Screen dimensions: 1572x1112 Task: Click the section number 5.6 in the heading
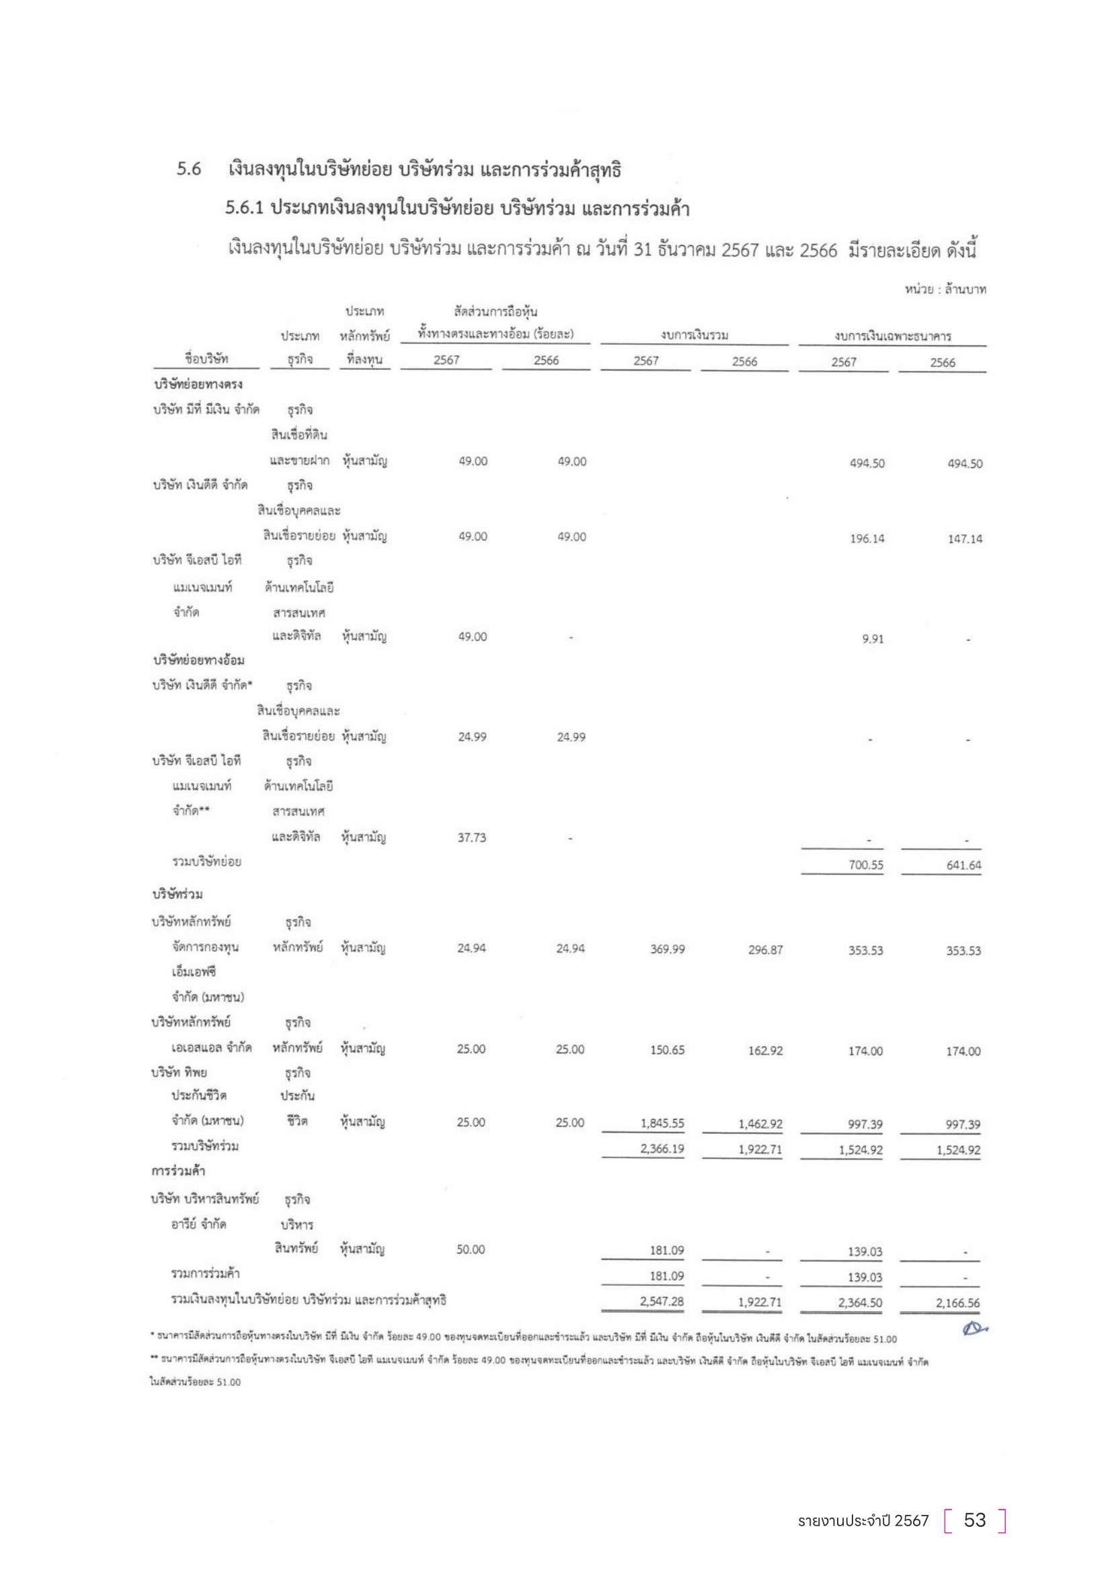pyautogui.click(x=188, y=169)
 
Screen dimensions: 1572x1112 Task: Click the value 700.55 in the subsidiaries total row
pyautogui.click(x=865, y=865)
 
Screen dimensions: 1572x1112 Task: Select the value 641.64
pyautogui.click(x=963, y=865)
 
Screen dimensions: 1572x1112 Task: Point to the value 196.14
pyautogui.click(x=867, y=538)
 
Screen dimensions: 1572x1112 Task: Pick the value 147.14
pyautogui.click(x=965, y=539)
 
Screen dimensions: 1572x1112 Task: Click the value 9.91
pyautogui.click(x=873, y=638)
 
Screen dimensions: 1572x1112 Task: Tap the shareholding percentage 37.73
pyautogui.click(x=472, y=837)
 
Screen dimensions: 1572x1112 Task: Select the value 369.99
pyautogui.click(x=667, y=949)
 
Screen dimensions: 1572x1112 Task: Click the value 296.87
pyautogui.click(x=765, y=950)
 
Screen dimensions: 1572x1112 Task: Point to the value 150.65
pyautogui.click(x=667, y=1050)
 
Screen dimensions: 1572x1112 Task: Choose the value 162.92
pyautogui.click(x=765, y=1050)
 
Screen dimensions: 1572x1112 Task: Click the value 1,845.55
pyautogui.click(x=662, y=1123)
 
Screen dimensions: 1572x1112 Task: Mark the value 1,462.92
pyautogui.click(x=760, y=1124)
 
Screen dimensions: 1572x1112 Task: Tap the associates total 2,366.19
pyautogui.click(x=662, y=1148)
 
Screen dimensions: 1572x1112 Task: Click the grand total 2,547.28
pyautogui.click(x=662, y=1301)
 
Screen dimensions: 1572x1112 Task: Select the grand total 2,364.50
pyautogui.click(x=860, y=1302)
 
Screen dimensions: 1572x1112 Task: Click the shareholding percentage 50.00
pyautogui.click(x=471, y=1249)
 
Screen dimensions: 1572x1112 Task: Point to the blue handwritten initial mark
pyautogui.click(x=973, y=1329)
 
